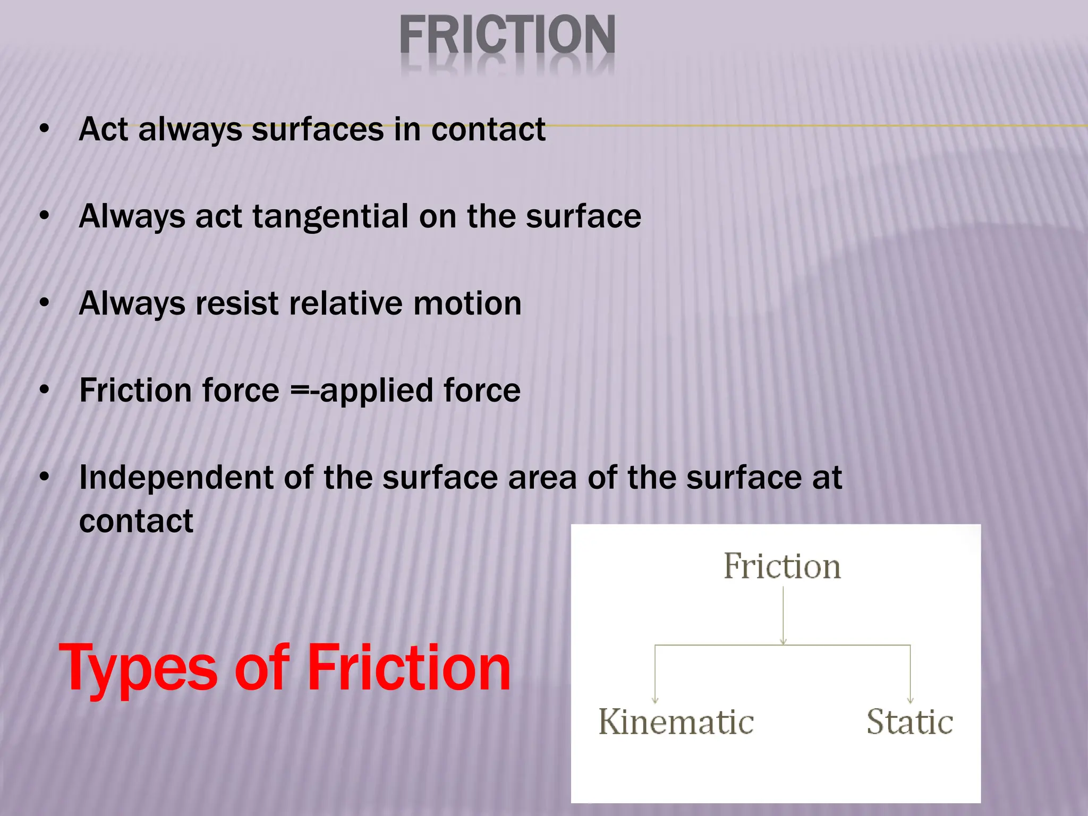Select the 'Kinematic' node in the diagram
[676, 722]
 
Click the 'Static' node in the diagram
[909, 722]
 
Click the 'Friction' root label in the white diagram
[782, 566]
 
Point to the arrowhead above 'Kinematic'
[655, 700]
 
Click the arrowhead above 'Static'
[910, 700]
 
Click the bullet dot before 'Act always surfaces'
[45, 129]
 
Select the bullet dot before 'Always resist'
[45, 303]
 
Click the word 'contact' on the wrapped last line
[136, 521]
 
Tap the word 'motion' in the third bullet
[467, 304]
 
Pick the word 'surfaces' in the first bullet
[318, 130]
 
